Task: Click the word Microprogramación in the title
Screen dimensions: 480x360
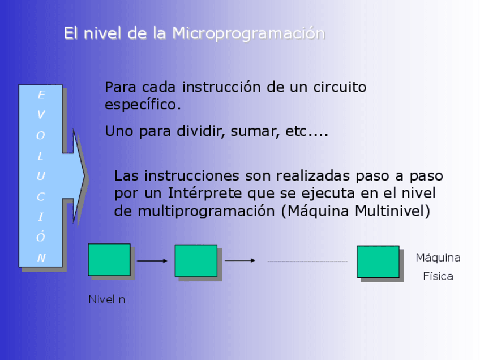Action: click(248, 33)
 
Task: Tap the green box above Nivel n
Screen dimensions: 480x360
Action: click(109, 260)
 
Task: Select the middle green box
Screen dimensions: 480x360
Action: click(196, 261)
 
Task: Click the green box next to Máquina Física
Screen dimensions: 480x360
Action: click(378, 262)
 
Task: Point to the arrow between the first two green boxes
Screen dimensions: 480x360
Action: click(152, 261)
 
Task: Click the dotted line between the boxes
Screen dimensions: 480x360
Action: click(307, 262)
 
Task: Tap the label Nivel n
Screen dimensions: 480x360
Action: click(106, 299)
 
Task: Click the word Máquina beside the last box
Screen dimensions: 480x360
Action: click(438, 258)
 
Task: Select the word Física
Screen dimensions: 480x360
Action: click(438, 277)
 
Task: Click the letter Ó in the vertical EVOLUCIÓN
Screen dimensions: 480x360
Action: click(41, 237)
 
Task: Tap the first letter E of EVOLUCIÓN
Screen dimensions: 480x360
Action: click(41, 95)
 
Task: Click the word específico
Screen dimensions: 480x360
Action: click(143, 105)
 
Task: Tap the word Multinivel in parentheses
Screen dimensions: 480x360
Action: click(390, 211)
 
